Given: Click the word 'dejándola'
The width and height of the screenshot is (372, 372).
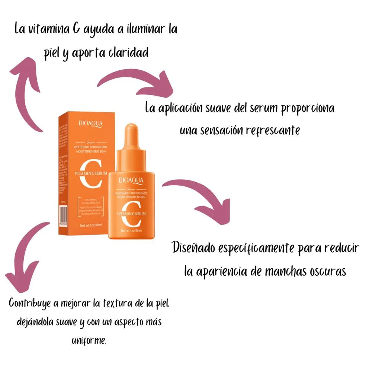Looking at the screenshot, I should click(34, 322).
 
